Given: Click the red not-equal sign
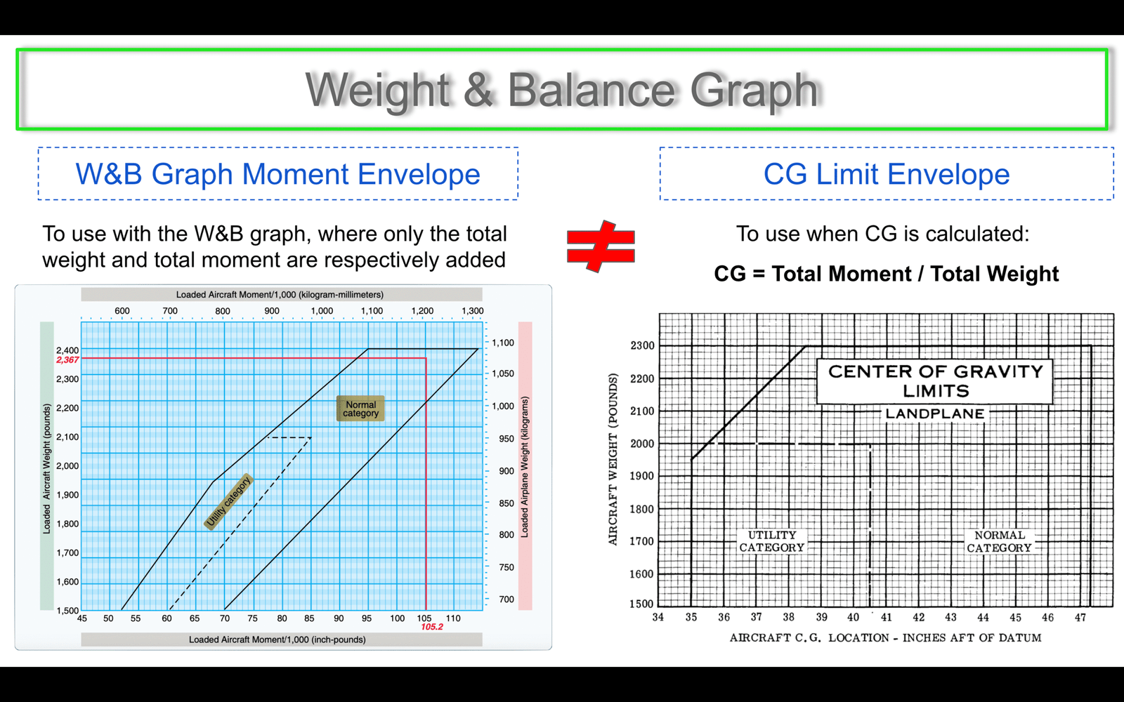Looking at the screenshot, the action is point(601,246).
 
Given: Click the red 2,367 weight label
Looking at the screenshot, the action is point(67,360).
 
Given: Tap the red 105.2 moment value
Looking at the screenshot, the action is point(432,627).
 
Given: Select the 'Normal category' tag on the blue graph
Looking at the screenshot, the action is point(360,409).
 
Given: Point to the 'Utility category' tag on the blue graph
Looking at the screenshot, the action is point(229,501).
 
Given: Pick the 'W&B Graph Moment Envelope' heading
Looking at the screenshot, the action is point(278,174).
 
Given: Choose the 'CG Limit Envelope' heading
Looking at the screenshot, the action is point(887,174).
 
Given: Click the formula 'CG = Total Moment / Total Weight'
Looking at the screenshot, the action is point(886,274).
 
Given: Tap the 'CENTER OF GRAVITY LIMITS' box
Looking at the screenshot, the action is point(935,381).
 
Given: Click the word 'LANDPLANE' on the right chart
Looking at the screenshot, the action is point(935,413).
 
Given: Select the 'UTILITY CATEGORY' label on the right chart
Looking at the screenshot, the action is point(772,541).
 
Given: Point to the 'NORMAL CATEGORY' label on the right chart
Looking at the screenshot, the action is point(999,541).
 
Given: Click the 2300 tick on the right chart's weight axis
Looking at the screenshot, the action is point(642,345).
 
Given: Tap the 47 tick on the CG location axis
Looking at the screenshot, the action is point(1080,617).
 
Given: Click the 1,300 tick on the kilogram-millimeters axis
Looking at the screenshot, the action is point(472,311).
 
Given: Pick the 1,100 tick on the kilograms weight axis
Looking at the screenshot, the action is point(503,343).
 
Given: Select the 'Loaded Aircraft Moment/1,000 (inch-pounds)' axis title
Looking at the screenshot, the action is point(277,640).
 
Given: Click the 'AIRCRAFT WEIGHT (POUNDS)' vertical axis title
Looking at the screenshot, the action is point(613,459).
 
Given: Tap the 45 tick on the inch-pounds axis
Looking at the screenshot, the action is point(81,618).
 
